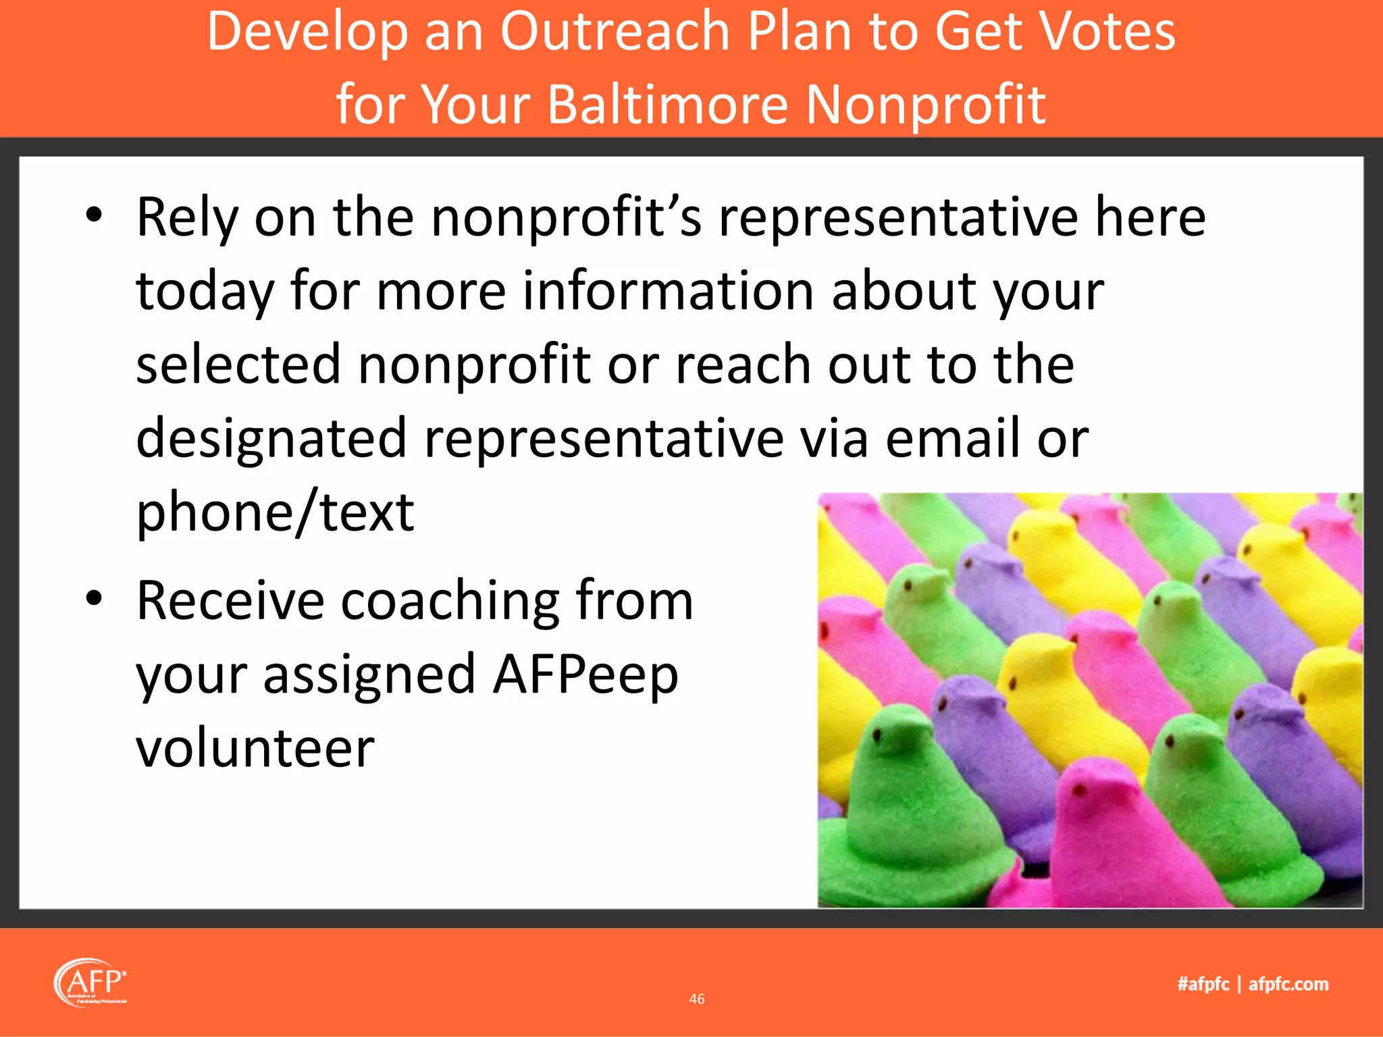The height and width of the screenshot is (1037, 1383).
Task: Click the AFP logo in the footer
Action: (x=90, y=983)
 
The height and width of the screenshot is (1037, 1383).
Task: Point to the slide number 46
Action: (x=697, y=999)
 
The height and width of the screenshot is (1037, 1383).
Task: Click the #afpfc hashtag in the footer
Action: (x=1203, y=984)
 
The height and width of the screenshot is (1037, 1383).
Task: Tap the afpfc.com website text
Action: (x=1288, y=984)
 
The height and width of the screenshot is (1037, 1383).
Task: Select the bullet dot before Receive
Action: (x=94, y=598)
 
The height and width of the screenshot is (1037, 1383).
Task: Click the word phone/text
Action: (x=275, y=512)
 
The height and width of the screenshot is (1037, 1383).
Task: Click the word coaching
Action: (x=450, y=601)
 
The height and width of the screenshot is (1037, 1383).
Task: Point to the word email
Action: (x=953, y=437)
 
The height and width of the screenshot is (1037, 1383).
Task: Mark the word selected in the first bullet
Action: (x=238, y=364)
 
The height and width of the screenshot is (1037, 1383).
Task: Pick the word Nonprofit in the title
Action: (x=926, y=105)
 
